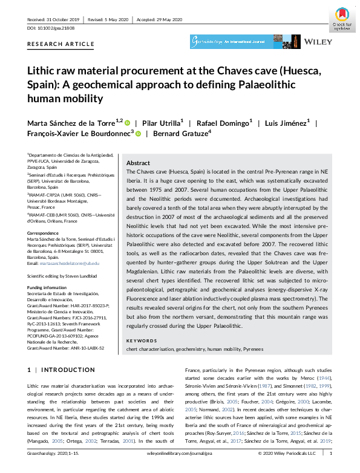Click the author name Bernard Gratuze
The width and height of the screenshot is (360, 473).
point(180,134)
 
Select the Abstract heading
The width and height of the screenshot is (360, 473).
point(139,163)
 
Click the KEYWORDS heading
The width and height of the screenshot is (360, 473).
point(141,341)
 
